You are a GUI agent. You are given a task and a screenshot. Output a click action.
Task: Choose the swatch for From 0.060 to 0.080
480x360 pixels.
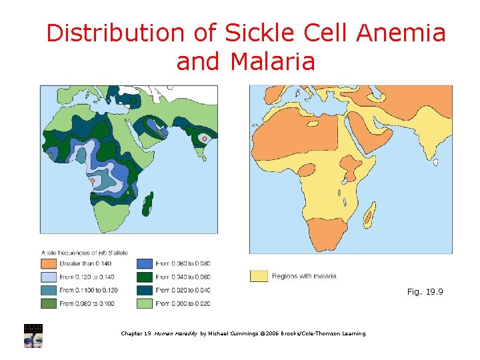tap(145, 264)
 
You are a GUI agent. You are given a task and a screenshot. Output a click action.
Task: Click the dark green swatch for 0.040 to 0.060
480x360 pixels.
tap(145, 277)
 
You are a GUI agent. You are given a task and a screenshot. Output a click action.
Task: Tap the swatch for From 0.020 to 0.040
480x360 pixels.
tap(145, 291)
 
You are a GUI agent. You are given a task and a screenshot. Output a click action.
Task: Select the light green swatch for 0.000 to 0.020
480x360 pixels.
tap(145, 304)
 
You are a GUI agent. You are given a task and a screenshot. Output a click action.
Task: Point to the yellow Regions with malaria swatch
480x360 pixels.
tap(259, 276)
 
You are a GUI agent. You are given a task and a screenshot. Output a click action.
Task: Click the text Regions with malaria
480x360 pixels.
tap(304, 276)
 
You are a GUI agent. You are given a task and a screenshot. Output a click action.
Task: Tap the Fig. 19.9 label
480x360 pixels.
tap(425, 292)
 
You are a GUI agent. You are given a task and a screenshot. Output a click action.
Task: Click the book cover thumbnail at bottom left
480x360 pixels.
tap(33, 335)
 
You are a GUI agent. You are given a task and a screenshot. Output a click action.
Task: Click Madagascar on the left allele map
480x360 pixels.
tap(151, 198)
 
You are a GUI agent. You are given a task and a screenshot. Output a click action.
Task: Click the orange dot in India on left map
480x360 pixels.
tap(205, 138)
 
